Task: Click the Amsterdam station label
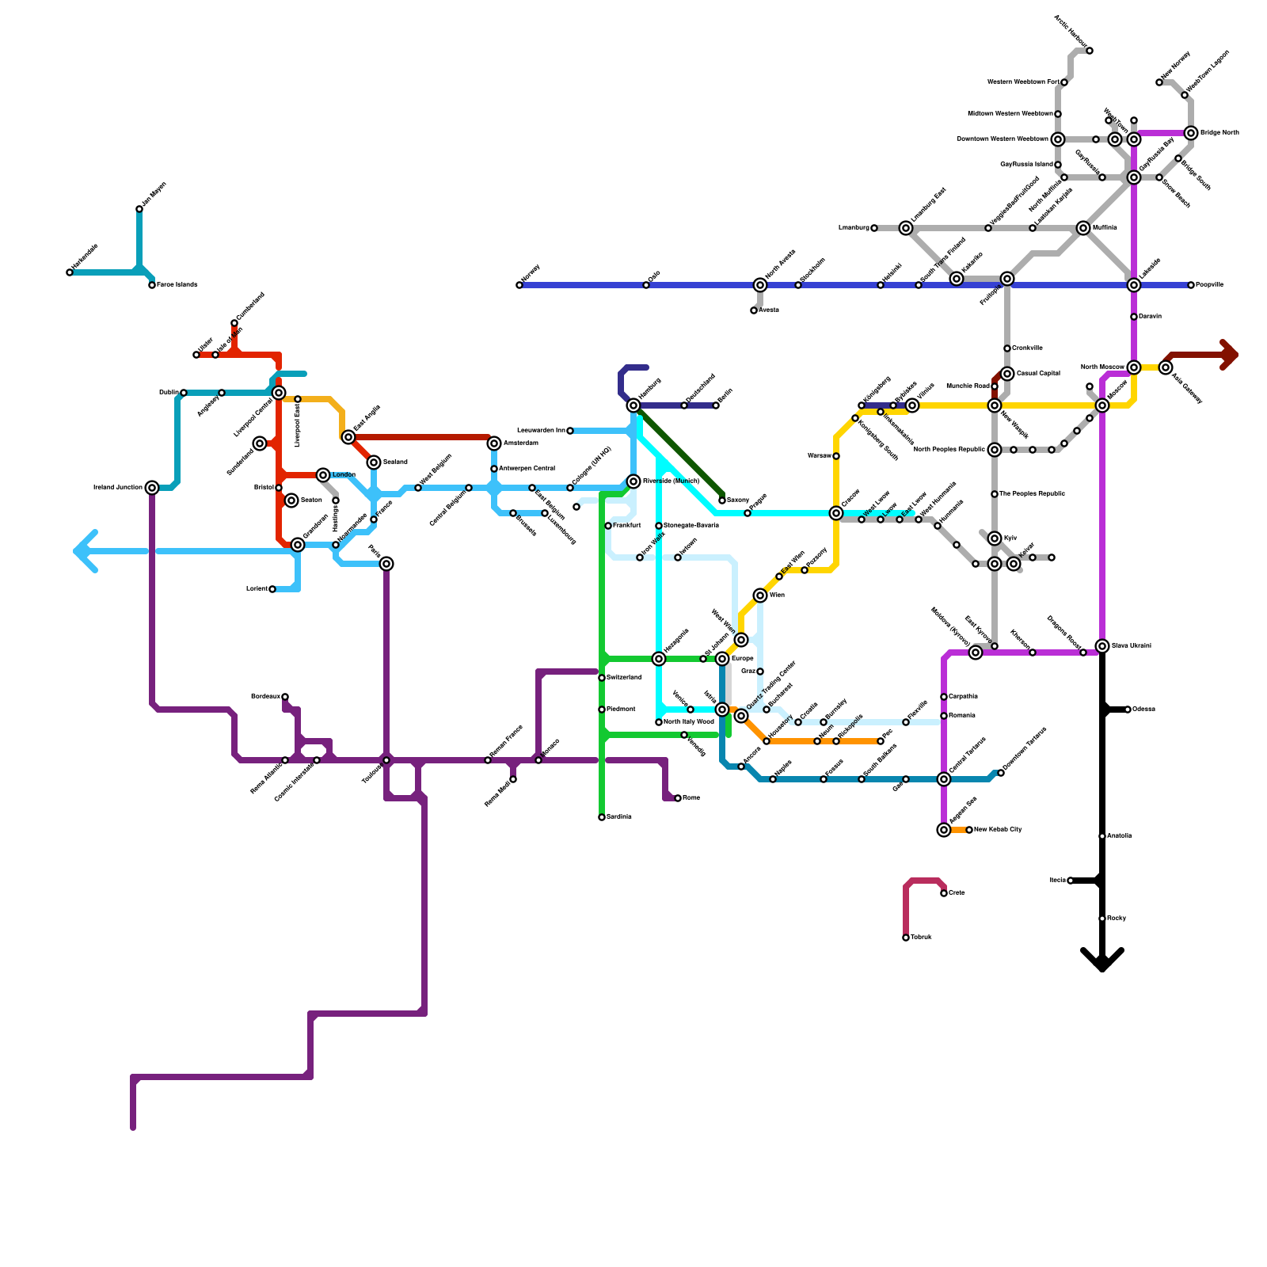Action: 520,443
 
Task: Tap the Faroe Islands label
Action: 177,285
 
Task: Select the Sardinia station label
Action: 618,817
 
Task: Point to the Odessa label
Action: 1143,710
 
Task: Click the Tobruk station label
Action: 921,938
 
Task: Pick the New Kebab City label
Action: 998,830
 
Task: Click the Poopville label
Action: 1209,285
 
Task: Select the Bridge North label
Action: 1219,133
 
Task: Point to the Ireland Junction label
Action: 117,488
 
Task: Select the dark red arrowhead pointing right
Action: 1229,355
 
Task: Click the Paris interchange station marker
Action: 386,564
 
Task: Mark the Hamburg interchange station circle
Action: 633,405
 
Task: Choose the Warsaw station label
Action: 819,456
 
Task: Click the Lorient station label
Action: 257,589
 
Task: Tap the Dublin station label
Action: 168,393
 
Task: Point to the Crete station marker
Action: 944,893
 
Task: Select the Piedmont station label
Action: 621,710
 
